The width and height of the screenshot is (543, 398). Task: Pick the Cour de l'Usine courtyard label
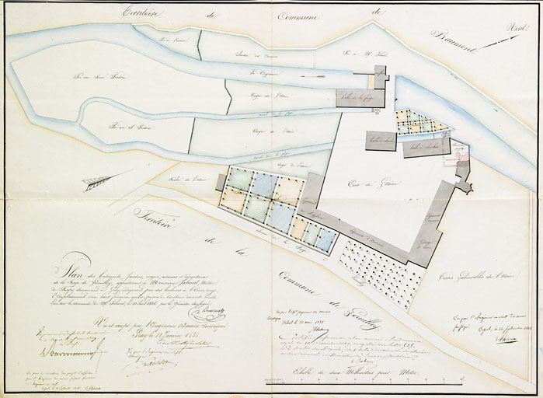pyautogui.click(x=378, y=182)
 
